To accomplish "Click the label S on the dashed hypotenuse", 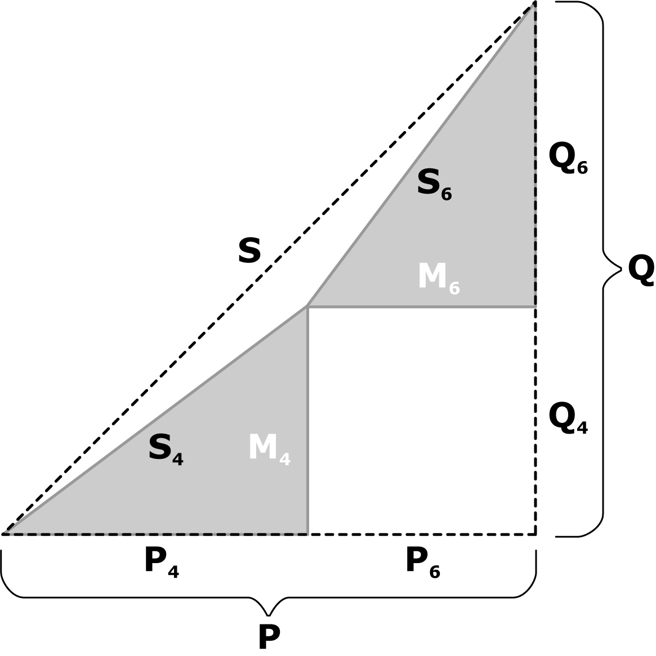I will tap(249, 251).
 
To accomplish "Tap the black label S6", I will tap(434, 185).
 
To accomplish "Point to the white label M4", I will tap(269, 449).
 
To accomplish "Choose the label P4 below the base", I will tap(161, 563).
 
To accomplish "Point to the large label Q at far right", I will tap(641, 270).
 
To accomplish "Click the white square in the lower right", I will tap(421, 420).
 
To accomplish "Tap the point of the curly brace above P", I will tap(269, 615).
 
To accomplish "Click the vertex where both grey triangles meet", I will tap(307, 307).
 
